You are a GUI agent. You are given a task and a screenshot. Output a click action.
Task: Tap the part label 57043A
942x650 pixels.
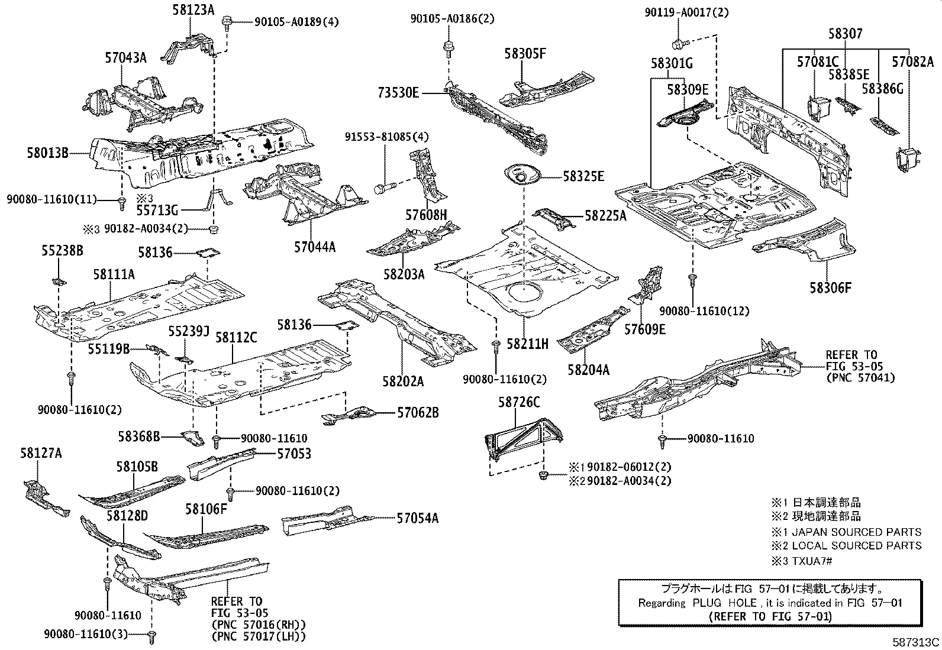(125, 57)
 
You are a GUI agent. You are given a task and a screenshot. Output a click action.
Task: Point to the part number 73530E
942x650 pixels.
(399, 93)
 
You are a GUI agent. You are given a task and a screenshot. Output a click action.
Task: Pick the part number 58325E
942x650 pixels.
(583, 176)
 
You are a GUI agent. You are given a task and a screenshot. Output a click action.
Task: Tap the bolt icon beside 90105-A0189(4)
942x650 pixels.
(227, 23)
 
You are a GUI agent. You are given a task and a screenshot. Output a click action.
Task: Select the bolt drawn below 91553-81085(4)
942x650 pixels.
(381, 189)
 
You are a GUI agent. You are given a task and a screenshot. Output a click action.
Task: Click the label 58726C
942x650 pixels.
(519, 402)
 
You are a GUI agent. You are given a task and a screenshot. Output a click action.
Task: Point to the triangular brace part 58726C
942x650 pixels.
(521, 438)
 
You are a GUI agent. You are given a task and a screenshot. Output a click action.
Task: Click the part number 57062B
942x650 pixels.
(418, 413)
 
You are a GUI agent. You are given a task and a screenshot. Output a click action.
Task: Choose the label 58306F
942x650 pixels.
(831, 288)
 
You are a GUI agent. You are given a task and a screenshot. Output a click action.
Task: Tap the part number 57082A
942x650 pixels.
(912, 61)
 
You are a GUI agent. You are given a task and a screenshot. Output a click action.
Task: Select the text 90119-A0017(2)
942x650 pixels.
(687, 11)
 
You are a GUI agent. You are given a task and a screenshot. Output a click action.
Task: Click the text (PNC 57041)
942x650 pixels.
(860, 377)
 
